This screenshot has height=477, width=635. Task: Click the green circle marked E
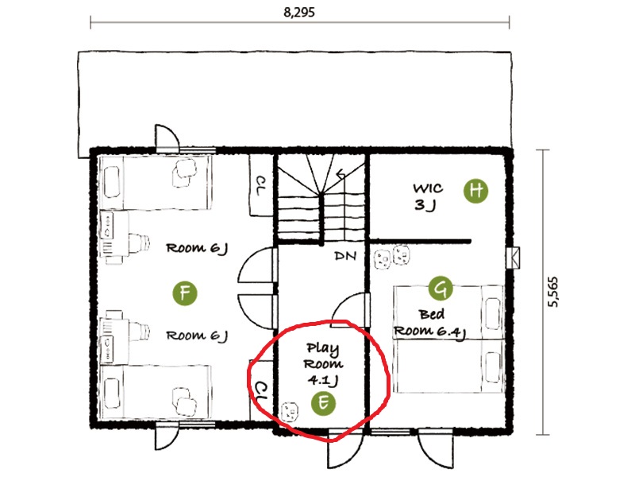coord(323,403)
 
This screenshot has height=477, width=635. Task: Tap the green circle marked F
coord(185,293)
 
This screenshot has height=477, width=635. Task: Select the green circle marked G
coord(441,288)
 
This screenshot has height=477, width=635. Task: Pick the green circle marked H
coord(475,191)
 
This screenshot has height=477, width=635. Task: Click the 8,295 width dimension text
coord(299,12)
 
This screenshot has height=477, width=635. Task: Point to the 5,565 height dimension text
coord(552,292)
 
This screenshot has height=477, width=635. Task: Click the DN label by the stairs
coord(345,256)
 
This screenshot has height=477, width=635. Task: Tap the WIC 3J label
coord(428,196)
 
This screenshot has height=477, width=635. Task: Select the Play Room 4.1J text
coord(323,364)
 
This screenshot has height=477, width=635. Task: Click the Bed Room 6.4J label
coord(430,324)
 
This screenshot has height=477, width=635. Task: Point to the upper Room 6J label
coord(197,248)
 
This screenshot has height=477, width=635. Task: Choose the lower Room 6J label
coord(197,335)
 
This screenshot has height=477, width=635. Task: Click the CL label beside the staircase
coord(261,185)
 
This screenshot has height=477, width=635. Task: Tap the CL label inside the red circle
coord(261,391)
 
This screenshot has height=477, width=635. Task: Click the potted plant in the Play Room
coord(290,412)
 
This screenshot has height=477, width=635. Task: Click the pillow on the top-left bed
coord(112,182)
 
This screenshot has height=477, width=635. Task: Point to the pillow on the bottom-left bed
coord(112,393)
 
